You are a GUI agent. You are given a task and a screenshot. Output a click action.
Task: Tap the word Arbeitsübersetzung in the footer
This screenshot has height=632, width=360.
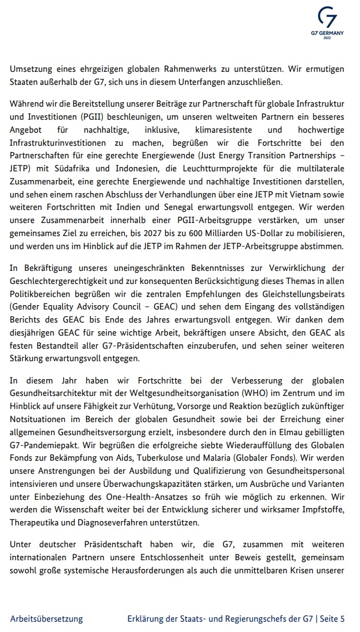[x=46, y=618]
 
